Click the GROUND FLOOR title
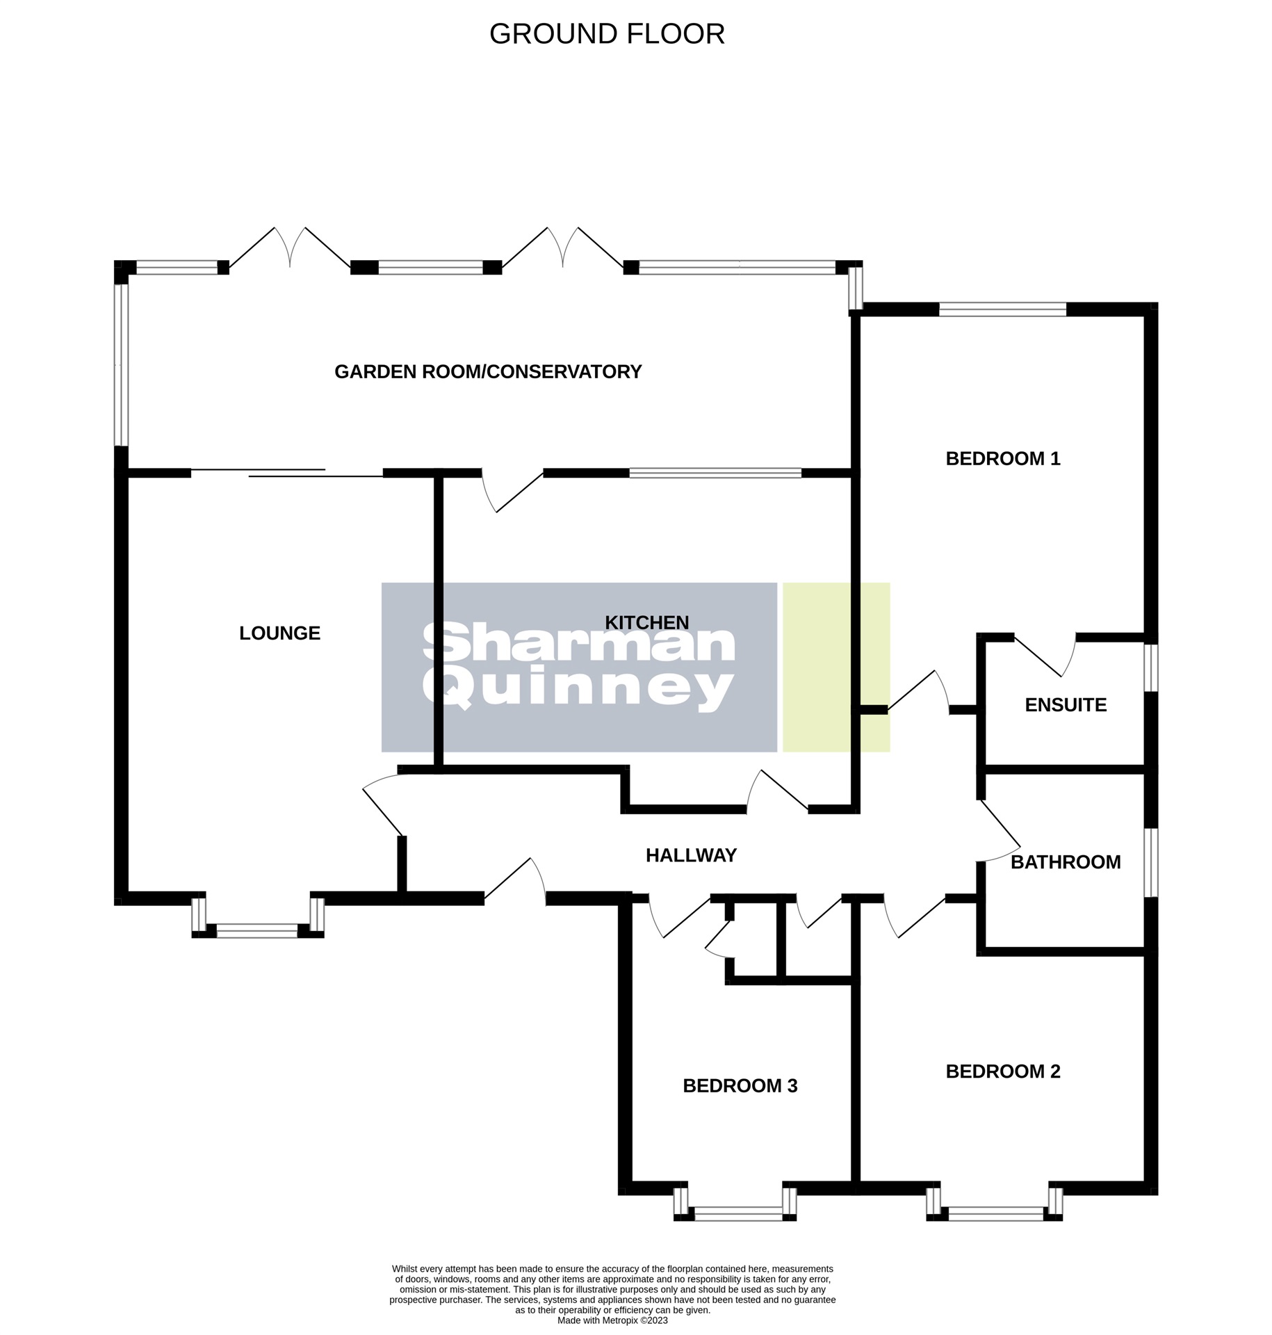[x=607, y=34]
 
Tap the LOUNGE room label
[x=279, y=633]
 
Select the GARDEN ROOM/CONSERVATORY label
[x=487, y=372]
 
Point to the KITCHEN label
[x=646, y=622]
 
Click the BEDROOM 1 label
[x=1002, y=459]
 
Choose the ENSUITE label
[x=1065, y=705]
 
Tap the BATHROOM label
[x=1065, y=862]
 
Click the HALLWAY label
[x=690, y=855]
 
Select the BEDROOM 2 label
[x=1002, y=1071]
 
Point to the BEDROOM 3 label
[x=740, y=1085]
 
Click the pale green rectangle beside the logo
[x=835, y=667]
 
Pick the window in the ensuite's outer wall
[x=1150, y=667]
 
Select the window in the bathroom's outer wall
[x=1150, y=862]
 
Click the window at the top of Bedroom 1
[x=1002, y=309]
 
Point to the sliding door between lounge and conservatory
[x=286, y=474]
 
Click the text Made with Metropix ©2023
[x=612, y=1320]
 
